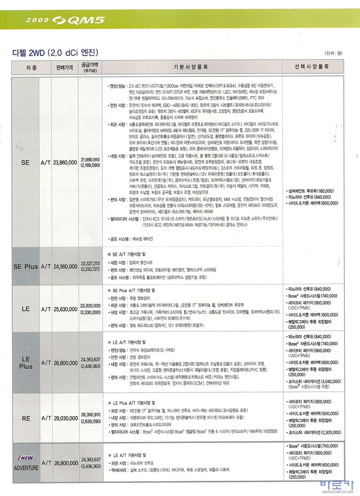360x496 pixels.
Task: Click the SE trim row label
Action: [x=25, y=162]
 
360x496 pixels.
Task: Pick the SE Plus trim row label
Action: [x=25, y=266]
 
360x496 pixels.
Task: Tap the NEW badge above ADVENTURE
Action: [x=26, y=458]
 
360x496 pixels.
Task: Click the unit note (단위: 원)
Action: [x=333, y=53]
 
